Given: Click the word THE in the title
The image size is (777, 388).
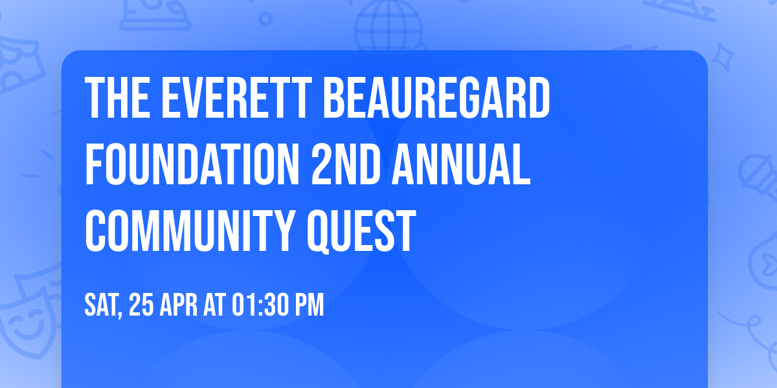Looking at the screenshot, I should pyautogui.click(x=113, y=98).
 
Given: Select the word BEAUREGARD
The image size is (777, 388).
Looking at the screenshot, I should pyautogui.click(x=436, y=98).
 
